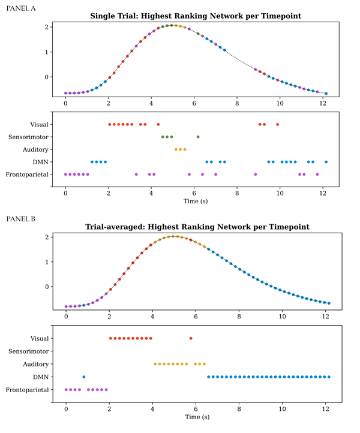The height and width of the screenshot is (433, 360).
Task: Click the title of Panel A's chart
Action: (195, 16)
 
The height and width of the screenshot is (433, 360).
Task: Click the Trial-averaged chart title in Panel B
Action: (195, 227)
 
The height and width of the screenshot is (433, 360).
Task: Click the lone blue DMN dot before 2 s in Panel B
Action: (83, 377)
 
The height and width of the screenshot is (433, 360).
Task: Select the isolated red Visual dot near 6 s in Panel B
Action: (191, 338)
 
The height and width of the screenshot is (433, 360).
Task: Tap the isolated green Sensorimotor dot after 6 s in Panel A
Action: (198, 137)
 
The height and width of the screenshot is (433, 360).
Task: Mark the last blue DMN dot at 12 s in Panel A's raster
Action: (326, 162)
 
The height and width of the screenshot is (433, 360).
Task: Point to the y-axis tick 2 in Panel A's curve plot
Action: (46, 27)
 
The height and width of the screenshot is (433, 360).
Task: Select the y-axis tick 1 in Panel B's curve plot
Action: (46, 261)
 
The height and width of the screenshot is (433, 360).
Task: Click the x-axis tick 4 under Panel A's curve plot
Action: (151, 102)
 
